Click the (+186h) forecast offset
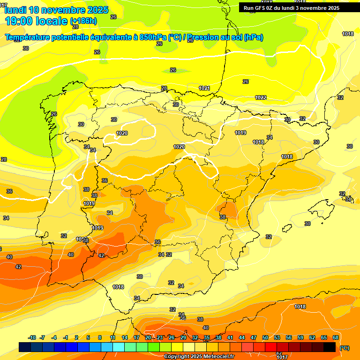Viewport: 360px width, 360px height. (83, 21)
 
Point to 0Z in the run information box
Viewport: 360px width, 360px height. (275, 8)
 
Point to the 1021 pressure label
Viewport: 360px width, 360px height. (204, 88)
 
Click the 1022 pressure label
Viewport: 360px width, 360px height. (261, 97)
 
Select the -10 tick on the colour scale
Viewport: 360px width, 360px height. (32, 337)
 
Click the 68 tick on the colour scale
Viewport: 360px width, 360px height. (336, 337)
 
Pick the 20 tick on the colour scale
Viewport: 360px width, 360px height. (148, 337)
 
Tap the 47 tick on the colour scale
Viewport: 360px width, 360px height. (254, 337)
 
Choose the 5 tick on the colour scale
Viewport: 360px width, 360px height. (89, 337)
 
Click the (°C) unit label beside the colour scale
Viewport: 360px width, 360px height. (344, 348)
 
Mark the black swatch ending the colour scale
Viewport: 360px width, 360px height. (330, 347)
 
